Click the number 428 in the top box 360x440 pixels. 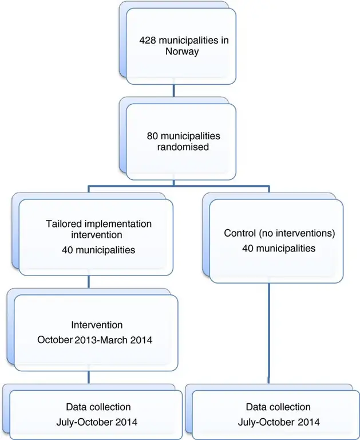148,41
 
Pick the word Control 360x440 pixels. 239,234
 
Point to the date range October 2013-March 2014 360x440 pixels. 95,340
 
